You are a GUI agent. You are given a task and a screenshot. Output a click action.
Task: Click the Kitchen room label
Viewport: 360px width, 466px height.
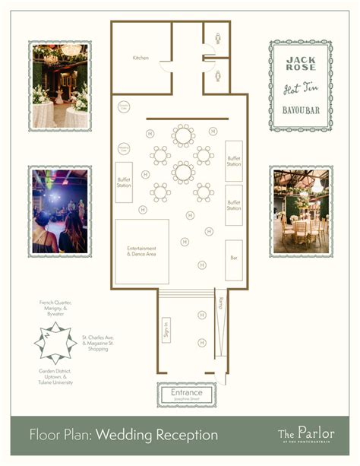point(141,58)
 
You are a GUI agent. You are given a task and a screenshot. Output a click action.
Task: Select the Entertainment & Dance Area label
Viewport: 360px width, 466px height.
point(141,252)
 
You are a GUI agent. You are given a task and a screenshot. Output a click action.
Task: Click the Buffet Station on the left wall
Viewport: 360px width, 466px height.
point(125,182)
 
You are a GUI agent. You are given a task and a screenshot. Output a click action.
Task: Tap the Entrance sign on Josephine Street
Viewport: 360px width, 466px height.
point(186,394)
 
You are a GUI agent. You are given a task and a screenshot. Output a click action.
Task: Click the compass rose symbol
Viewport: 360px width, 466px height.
point(55,341)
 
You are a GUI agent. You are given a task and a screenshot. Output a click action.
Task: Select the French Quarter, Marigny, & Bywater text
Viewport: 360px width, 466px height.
point(56,307)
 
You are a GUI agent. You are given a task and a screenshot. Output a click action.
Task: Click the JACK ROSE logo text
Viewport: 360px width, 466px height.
point(301,63)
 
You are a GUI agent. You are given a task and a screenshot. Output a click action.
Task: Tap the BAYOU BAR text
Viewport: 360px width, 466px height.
point(301,118)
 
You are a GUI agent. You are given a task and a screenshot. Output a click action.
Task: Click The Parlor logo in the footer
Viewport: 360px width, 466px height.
point(306,434)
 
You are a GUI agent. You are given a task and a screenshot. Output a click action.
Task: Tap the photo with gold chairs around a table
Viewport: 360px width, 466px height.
point(302,211)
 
